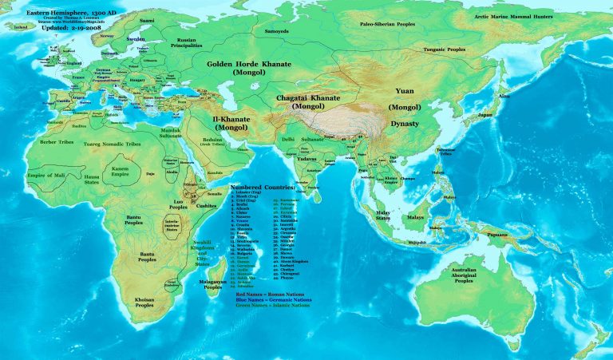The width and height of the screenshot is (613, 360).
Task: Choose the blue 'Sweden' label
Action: point(136,38)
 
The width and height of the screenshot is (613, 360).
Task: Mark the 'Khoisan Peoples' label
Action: point(144,300)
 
